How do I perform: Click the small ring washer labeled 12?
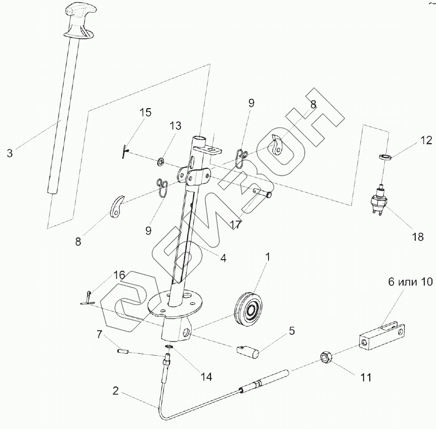pyautogui.click(x=386, y=158)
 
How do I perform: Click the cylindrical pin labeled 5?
pyautogui.click(x=248, y=351)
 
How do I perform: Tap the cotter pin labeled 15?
pyautogui.click(x=125, y=150)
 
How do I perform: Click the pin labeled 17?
pyautogui.click(x=263, y=192)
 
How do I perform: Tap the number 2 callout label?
pyautogui.click(x=116, y=391)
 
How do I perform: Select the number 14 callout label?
pyautogui.click(x=206, y=376)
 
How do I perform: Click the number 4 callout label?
pyautogui.click(x=223, y=257)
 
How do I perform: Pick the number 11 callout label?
pyautogui.click(x=366, y=377)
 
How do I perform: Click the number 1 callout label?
pyautogui.click(x=268, y=257)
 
